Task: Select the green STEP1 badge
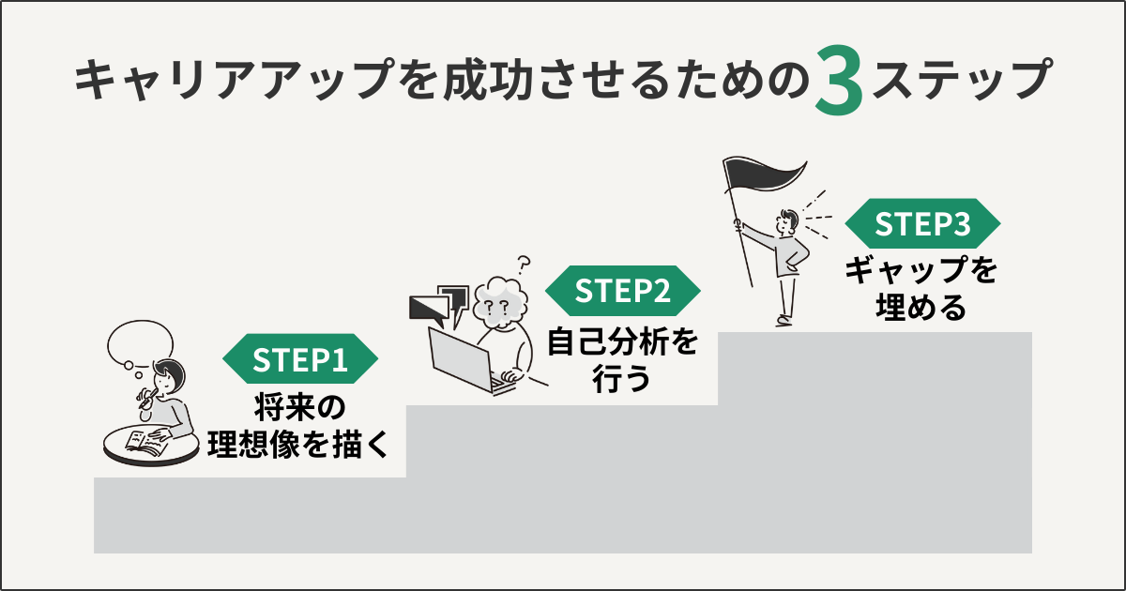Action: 300,359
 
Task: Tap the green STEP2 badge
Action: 623,292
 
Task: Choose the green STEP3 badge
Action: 922,224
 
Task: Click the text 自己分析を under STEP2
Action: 623,341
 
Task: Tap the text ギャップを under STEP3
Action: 921,273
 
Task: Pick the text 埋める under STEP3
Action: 921,309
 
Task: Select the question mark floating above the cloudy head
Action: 525,262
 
